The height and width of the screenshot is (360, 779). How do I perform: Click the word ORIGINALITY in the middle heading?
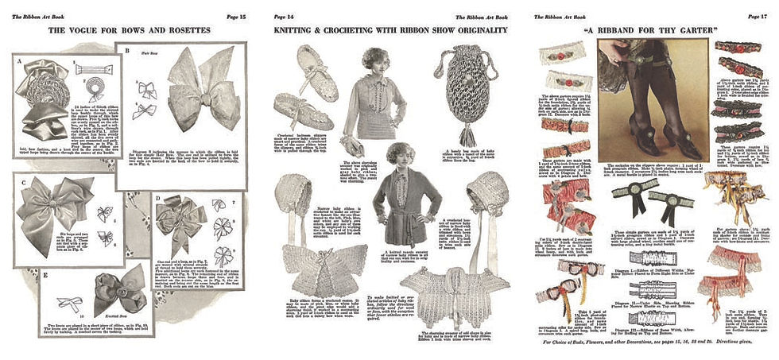(475, 30)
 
